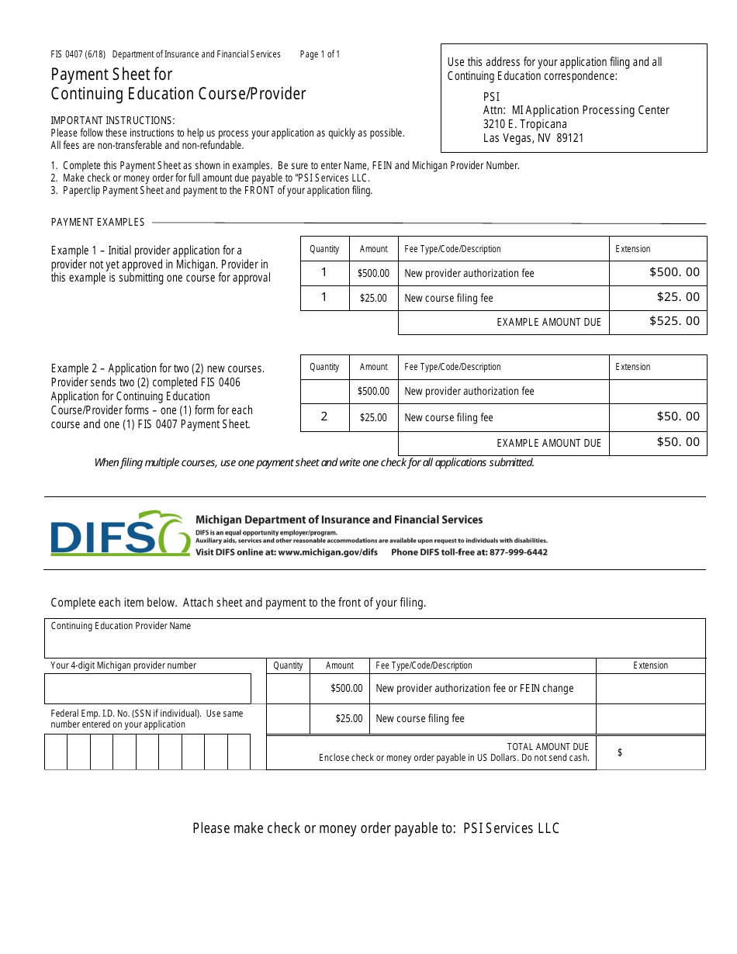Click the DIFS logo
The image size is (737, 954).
(120, 534)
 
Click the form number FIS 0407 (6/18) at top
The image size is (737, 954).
(78, 54)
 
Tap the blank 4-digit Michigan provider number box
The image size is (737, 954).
(147, 689)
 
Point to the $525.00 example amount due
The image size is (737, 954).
(674, 321)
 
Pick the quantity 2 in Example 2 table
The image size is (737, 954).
(324, 417)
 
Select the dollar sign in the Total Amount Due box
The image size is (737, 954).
(620, 752)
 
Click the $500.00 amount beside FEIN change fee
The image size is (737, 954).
(346, 688)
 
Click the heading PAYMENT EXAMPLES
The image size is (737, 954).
(98, 222)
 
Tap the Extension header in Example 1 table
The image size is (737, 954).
(633, 249)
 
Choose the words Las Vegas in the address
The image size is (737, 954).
(506, 138)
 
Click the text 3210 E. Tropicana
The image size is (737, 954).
(524, 124)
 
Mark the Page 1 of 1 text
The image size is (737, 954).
(320, 54)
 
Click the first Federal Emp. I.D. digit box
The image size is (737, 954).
(56, 752)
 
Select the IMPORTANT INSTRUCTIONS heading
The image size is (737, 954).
(112, 120)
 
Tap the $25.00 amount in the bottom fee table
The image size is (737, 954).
(348, 718)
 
